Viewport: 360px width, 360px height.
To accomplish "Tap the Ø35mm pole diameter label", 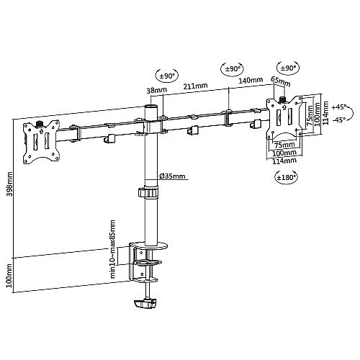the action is coord(173,176).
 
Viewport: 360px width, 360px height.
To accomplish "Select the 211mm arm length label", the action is coord(195,86).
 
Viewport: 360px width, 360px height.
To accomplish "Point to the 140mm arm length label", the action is coord(251,80).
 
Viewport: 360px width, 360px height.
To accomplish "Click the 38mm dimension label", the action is coord(157,91).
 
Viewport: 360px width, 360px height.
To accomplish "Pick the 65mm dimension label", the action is coord(281,81).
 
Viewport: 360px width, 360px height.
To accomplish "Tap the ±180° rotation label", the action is coord(285,178).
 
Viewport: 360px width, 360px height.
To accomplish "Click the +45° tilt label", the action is coord(339,107).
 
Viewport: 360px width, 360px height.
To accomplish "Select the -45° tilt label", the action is coord(339,120).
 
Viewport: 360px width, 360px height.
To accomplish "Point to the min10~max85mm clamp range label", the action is coord(112,249).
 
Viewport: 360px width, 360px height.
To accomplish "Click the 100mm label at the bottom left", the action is coord(9,276).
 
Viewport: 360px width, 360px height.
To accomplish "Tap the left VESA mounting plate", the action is coord(41,143).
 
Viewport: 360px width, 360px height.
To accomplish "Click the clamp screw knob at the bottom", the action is coord(145,304).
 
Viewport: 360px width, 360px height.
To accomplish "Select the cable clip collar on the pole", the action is coord(148,192).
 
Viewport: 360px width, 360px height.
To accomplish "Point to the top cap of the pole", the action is coord(151,107).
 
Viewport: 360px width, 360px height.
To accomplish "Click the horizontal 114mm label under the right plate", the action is coord(284,161).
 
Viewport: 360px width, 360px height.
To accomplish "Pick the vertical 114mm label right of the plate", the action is coord(325,113).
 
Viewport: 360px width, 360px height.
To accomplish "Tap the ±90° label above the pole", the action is coord(168,76).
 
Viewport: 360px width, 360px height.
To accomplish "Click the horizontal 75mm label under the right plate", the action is coord(284,145).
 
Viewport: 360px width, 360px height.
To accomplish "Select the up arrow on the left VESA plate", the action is coord(41,131).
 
